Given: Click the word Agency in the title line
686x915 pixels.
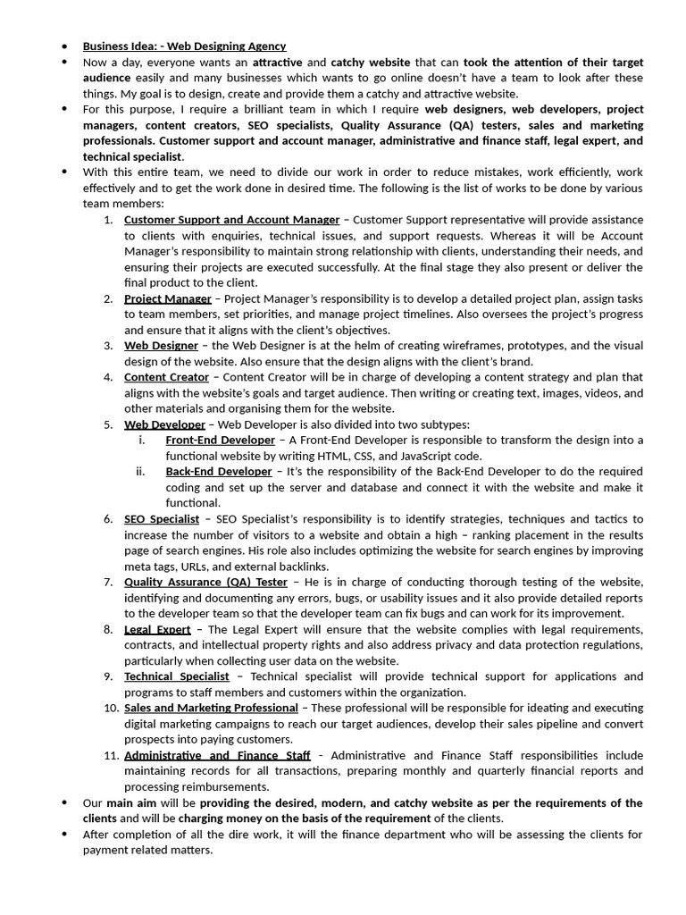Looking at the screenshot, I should [264, 46].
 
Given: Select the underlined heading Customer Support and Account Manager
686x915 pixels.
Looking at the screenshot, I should [231, 220].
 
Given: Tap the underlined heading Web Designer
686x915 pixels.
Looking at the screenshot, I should [161, 346].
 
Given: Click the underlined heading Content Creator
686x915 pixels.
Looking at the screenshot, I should [166, 377].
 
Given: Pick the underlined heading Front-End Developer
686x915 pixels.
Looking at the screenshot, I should [220, 441].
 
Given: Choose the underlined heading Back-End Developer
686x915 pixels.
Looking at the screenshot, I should [218, 472].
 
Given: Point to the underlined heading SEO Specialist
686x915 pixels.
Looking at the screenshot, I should [162, 519].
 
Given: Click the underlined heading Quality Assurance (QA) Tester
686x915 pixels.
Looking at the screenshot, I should [205, 582].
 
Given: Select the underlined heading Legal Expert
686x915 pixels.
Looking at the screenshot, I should [157, 629].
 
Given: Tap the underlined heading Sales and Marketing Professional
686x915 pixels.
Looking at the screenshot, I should [211, 708].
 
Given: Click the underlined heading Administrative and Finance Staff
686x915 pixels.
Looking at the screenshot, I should [217, 755].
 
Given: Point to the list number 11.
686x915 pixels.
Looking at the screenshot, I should [111, 755].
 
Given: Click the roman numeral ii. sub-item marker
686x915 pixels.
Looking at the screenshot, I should [141, 472].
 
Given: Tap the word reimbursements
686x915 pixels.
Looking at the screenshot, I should [212, 787].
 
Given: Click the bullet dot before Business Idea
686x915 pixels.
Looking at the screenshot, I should [65, 46].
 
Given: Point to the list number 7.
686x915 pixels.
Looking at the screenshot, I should [107, 582].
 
